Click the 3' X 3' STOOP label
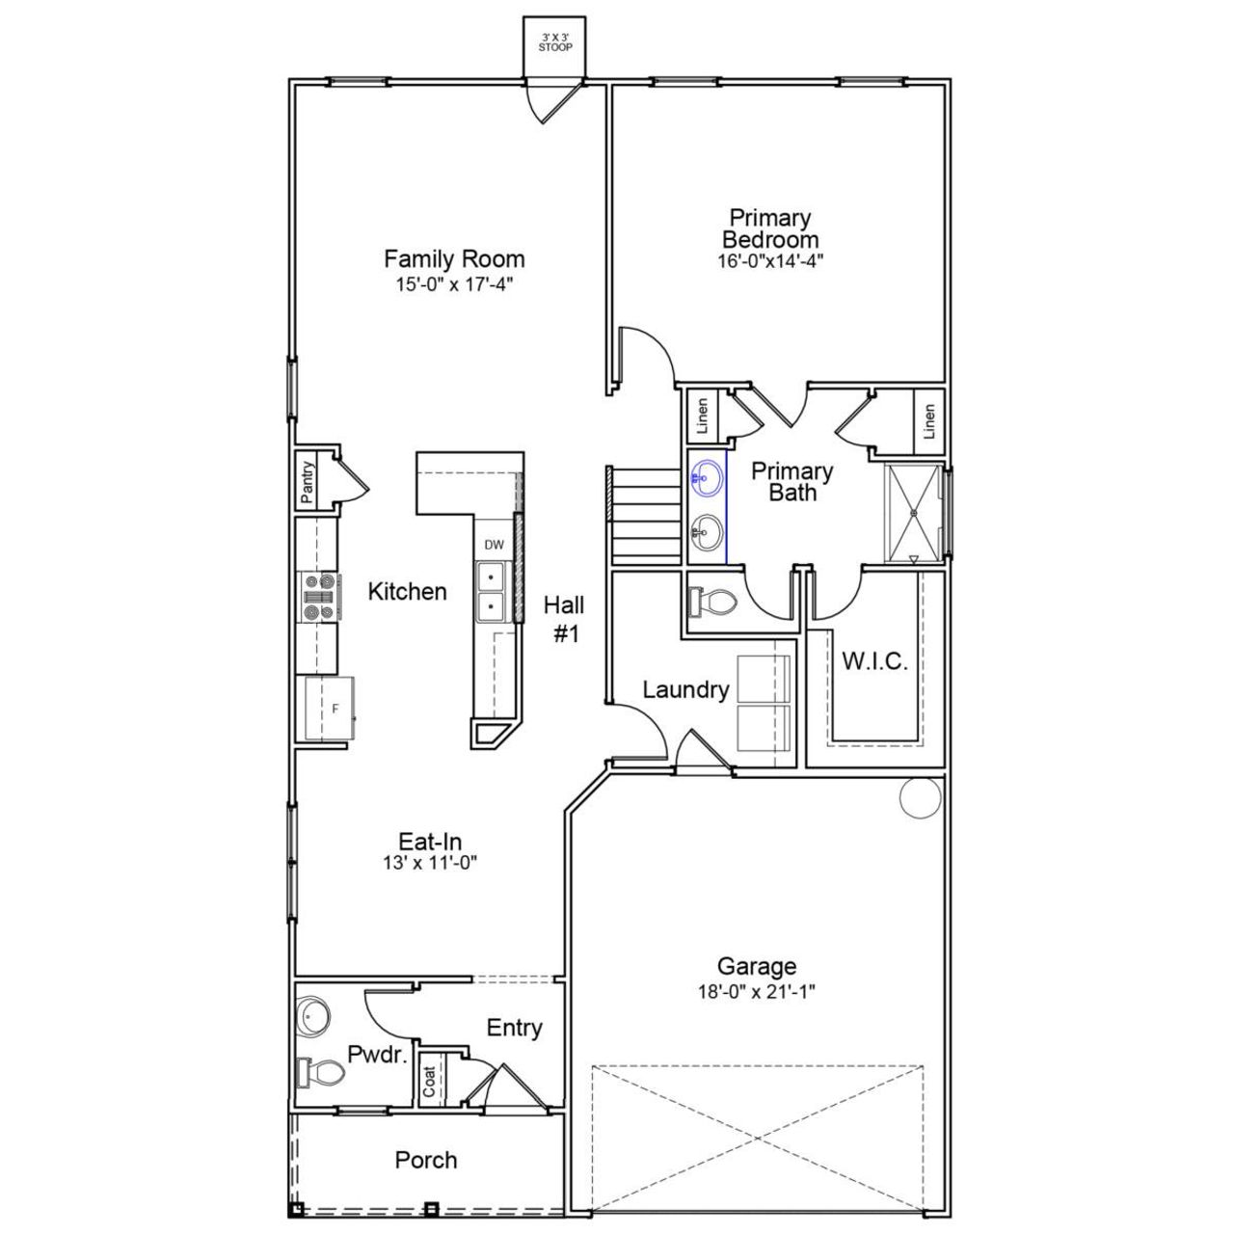click(x=554, y=41)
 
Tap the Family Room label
click(x=454, y=258)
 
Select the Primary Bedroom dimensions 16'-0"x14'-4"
click(x=769, y=260)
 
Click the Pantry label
click(x=308, y=482)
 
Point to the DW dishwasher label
click(x=494, y=545)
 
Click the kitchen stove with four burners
click(x=319, y=597)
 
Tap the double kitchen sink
click(x=492, y=592)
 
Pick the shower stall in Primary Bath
click(x=912, y=512)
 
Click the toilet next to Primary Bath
click(x=712, y=604)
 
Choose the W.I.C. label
click(x=874, y=662)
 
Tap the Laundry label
click(x=685, y=689)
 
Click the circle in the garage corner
click(x=919, y=798)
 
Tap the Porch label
click(x=425, y=1160)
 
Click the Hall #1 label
click(x=563, y=619)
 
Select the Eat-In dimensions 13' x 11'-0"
click(x=430, y=863)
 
